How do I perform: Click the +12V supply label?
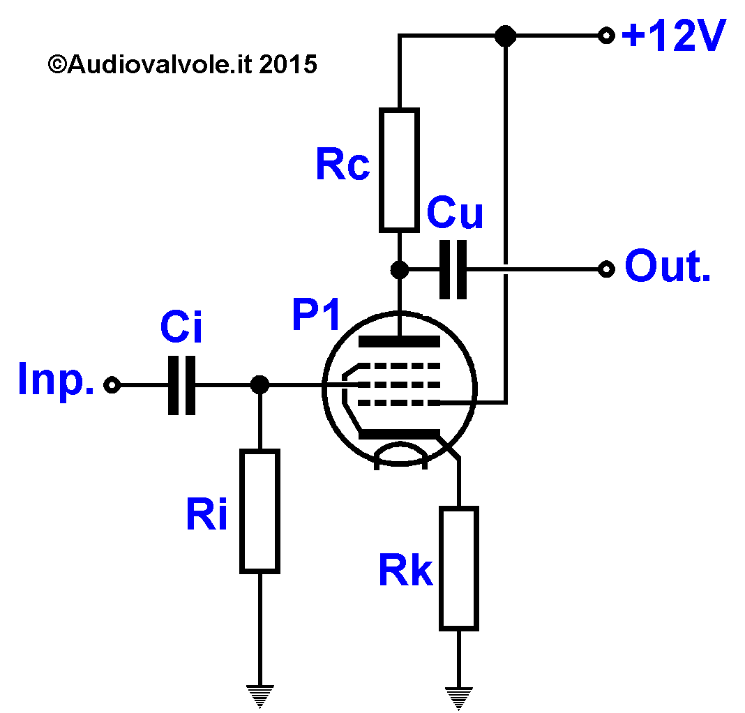673,35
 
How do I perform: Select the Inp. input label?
56,379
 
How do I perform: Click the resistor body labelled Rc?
399,170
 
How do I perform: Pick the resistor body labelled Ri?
259,511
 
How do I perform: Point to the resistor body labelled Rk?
458,569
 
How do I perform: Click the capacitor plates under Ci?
181,385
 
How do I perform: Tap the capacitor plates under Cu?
453,269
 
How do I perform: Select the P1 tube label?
316,314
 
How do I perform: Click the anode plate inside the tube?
399,341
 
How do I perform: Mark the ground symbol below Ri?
260,696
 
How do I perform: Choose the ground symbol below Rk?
458,698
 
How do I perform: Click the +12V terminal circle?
606,35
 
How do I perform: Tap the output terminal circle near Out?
606,269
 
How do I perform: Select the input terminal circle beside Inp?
112,384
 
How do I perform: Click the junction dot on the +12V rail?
506,36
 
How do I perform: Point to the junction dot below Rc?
399,269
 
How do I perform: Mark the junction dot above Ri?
259,384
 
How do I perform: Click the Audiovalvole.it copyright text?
183,64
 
